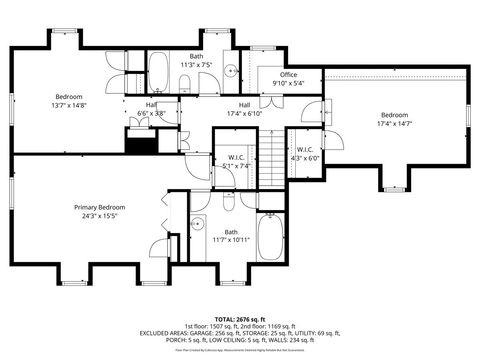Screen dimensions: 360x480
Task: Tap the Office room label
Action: [x=289, y=74]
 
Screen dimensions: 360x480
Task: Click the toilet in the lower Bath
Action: [x=228, y=204]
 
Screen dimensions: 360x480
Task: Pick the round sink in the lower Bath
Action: [x=197, y=225]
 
